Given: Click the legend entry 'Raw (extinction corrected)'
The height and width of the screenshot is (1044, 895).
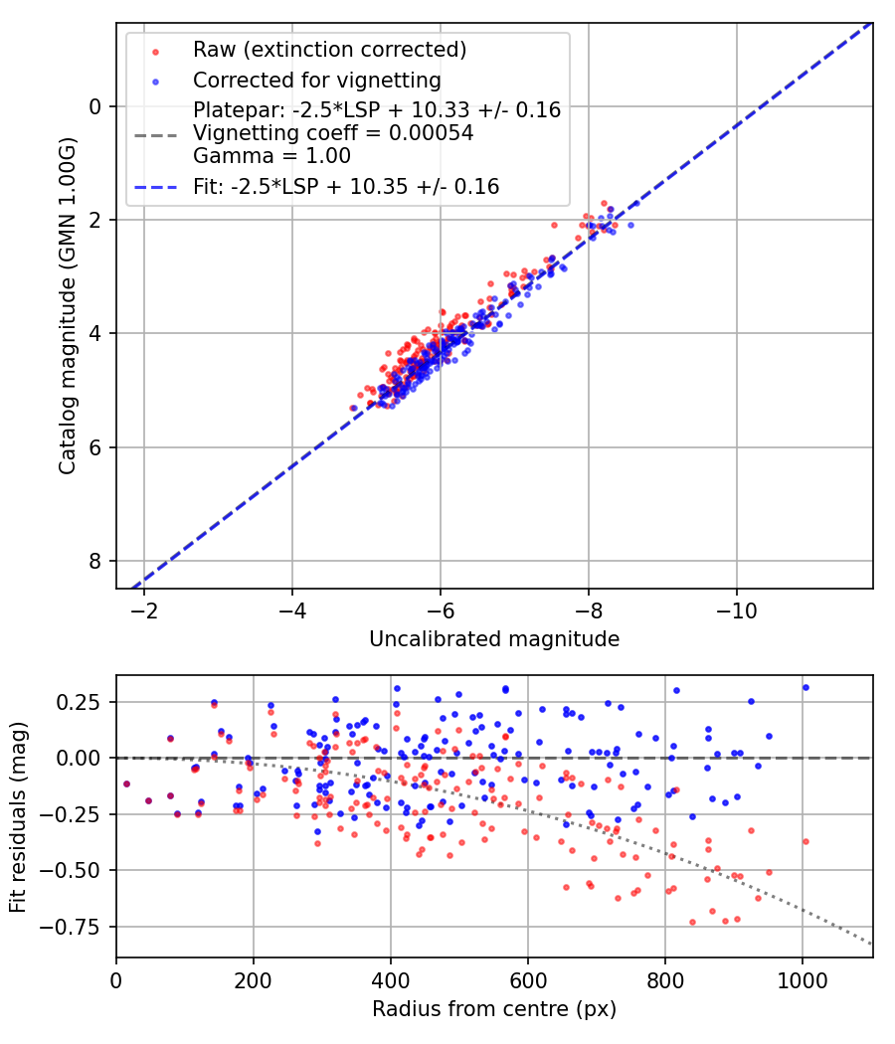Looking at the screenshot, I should click(x=329, y=49).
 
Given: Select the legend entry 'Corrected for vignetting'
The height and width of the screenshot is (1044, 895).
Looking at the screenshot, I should click(x=316, y=80).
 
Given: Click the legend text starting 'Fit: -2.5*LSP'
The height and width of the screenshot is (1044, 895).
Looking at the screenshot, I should click(x=346, y=186).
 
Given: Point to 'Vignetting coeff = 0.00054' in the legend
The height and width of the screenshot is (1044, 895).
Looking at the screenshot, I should click(x=333, y=132).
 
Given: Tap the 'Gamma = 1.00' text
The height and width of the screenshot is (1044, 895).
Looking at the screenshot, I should click(x=271, y=155).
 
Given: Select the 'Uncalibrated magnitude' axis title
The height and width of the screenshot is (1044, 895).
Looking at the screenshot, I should click(x=494, y=639).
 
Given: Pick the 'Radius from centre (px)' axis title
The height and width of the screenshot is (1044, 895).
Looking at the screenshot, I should click(x=494, y=1009).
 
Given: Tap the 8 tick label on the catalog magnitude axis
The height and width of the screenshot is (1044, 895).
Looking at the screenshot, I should click(x=96, y=561).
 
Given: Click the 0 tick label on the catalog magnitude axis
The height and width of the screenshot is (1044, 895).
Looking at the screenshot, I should click(x=96, y=106).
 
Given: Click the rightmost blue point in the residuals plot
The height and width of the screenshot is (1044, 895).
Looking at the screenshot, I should click(x=805, y=687).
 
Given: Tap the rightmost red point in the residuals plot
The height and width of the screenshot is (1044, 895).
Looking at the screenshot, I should click(x=805, y=841).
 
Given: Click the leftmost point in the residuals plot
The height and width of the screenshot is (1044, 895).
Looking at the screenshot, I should click(x=126, y=783).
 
